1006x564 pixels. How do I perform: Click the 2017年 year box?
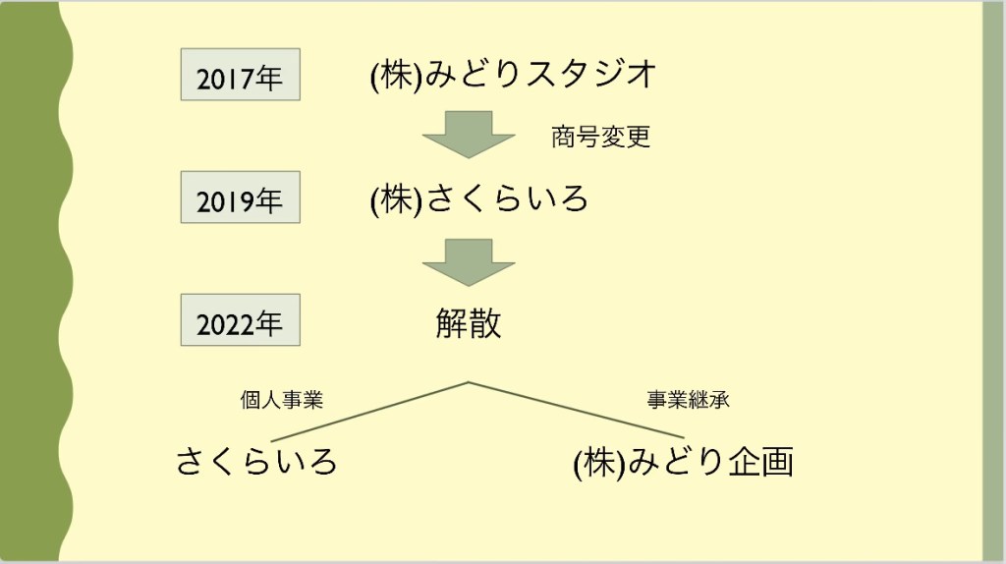[240, 75]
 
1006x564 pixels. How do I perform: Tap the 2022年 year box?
[240, 320]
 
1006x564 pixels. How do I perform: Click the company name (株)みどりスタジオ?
[512, 75]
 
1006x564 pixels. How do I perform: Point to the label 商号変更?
[600, 138]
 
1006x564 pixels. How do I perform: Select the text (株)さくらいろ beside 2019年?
[479, 199]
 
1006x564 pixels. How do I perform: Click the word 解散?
[469, 323]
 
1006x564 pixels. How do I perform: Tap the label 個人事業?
[282, 400]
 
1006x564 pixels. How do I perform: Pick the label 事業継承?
[688, 400]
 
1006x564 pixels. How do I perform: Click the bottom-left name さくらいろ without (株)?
[256, 461]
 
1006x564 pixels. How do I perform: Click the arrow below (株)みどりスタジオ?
[469, 134]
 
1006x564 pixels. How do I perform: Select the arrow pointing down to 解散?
[469, 260]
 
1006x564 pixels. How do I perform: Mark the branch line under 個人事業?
[368, 411]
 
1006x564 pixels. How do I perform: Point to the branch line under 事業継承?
[575, 409]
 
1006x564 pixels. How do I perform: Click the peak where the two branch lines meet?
[469, 381]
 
